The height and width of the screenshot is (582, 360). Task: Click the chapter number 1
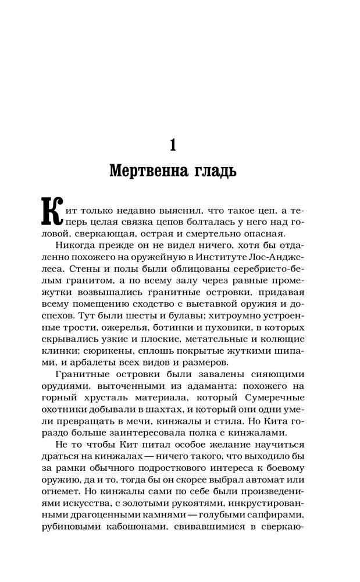pyautogui.click(x=173, y=144)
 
